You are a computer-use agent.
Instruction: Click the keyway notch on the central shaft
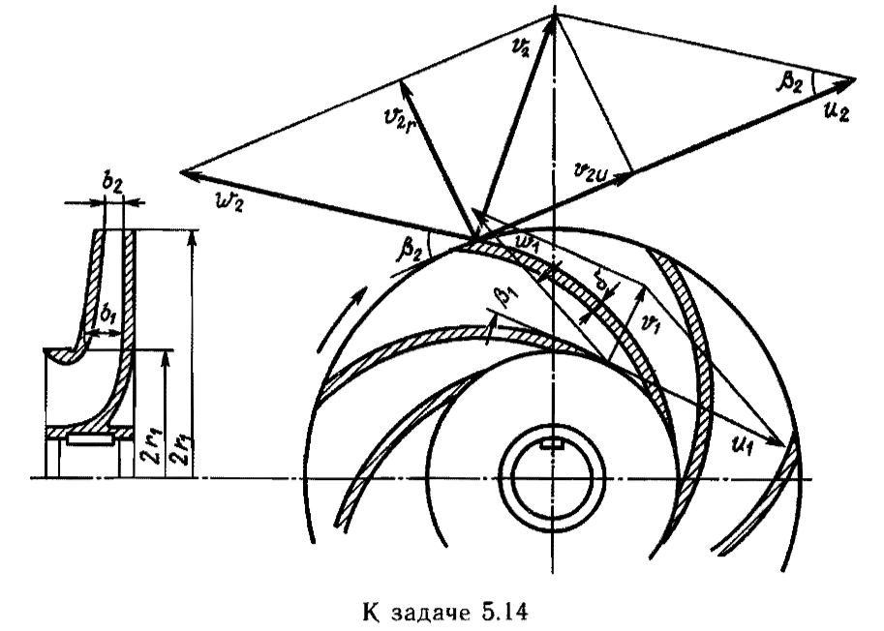tap(553, 444)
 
